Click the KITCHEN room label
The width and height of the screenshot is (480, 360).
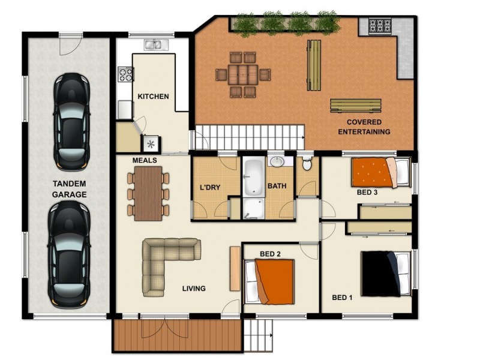[x=153, y=97]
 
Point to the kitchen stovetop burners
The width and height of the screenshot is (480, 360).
[x=126, y=74]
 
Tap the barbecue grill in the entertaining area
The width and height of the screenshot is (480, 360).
[x=379, y=26]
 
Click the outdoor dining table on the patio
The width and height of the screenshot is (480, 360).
[x=243, y=75]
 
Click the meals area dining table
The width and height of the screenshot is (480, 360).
[x=148, y=192]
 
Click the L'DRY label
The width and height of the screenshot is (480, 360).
[x=210, y=187]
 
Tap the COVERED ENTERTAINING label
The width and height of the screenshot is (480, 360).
[x=364, y=127]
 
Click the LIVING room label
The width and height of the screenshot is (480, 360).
[x=194, y=289]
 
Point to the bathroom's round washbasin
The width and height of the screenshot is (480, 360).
[x=277, y=162]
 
